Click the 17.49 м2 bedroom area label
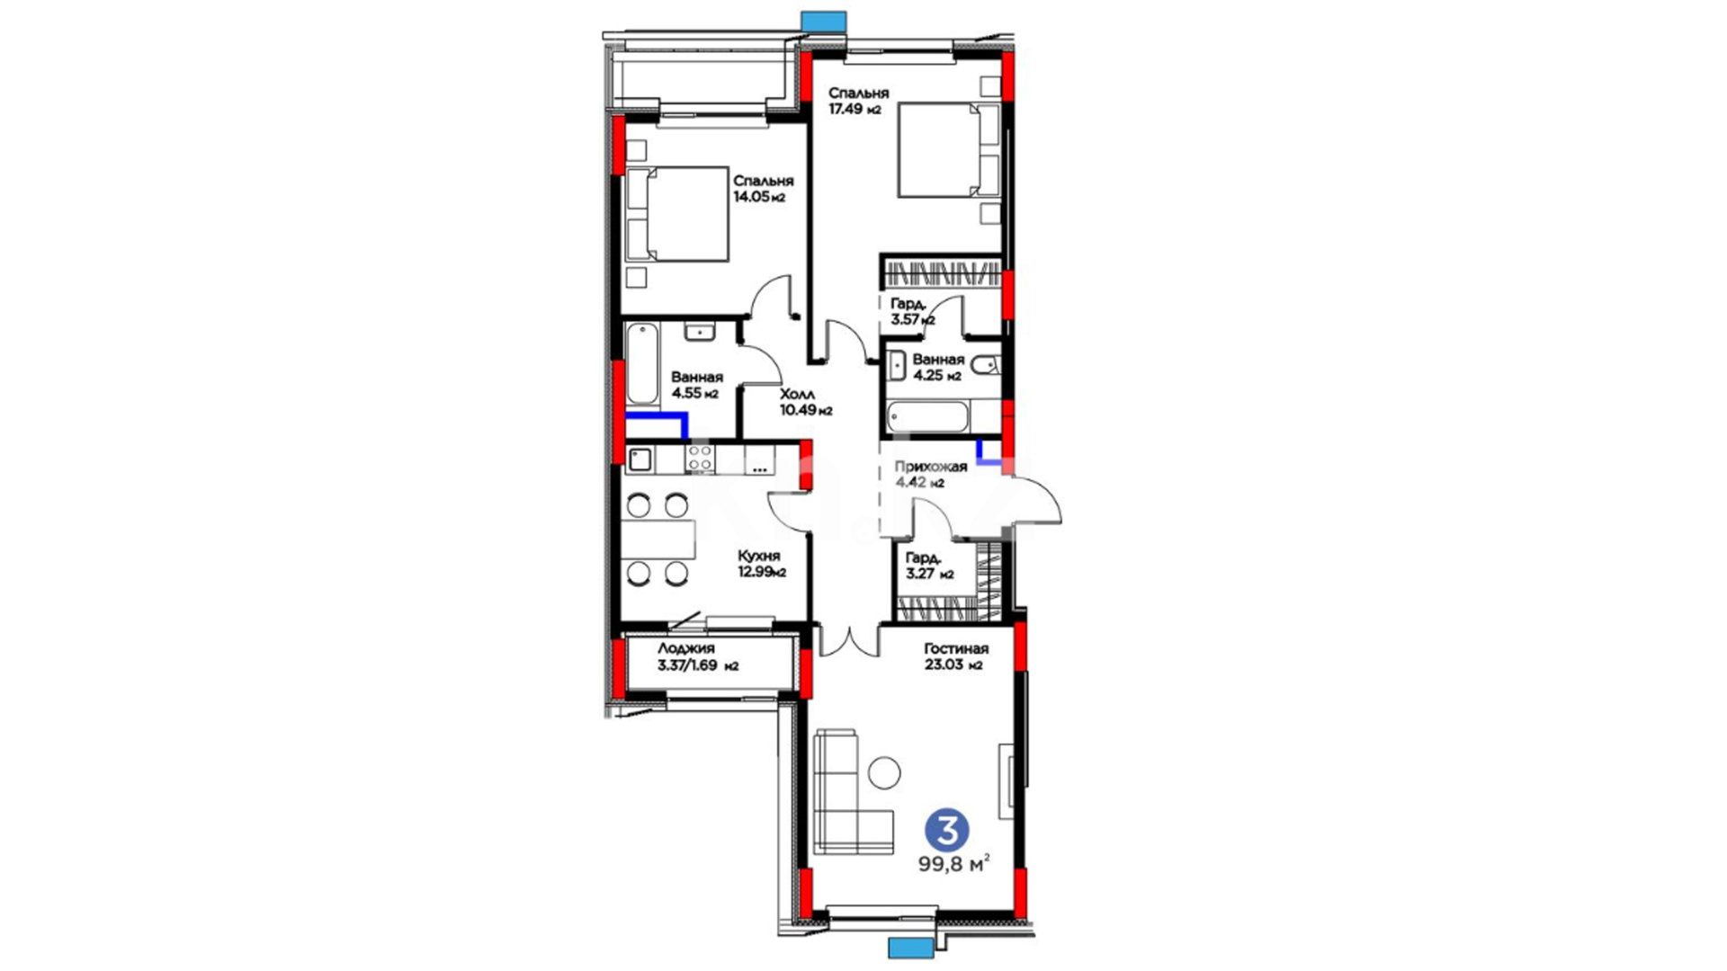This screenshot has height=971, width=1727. (x=855, y=110)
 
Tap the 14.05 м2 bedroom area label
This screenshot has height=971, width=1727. (x=759, y=197)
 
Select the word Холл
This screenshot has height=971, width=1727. (x=797, y=394)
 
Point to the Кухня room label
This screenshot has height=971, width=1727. (x=759, y=556)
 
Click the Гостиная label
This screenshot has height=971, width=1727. (x=956, y=649)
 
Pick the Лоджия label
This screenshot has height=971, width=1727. (x=685, y=649)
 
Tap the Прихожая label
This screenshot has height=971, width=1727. (x=931, y=467)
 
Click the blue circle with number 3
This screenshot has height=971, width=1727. (x=947, y=829)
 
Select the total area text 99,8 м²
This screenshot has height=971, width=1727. (x=953, y=865)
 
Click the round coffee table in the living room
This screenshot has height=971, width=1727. (x=885, y=772)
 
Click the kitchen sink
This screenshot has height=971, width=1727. (x=640, y=460)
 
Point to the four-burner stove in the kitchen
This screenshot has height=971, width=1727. (x=700, y=458)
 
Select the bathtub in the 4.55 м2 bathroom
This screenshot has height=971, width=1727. (x=642, y=363)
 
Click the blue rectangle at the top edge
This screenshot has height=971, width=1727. (x=824, y=22)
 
